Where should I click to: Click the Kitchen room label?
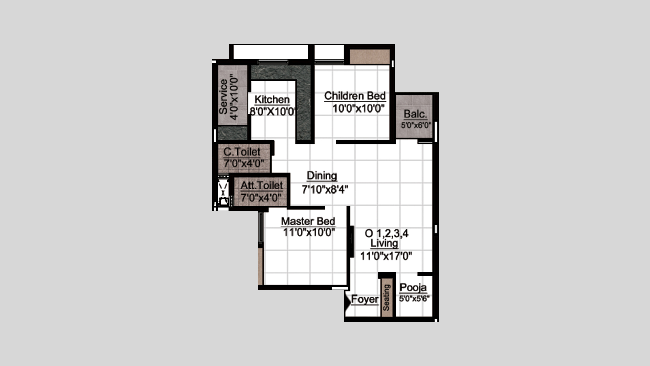point(272,100)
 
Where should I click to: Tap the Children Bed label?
point(355,96)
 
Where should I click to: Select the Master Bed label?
point(308,221)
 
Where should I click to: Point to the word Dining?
point(322,176)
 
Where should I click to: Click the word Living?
point(384,243)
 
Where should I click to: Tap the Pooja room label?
point(413,288)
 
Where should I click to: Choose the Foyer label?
point(365,299)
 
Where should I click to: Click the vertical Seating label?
point(386,298)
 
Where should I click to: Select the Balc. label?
point(415,114)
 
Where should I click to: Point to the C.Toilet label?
point(242,152)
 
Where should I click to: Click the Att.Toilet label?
point(262,186)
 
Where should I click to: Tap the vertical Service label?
point(223,97)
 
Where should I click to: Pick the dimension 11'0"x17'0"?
point(386,256)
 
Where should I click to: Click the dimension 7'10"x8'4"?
point(325,189)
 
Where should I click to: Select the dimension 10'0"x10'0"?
point(359,109)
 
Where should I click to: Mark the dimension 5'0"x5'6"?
point(414,299)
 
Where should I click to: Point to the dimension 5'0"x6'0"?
point(416,125)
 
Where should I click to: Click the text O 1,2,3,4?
point(386,233)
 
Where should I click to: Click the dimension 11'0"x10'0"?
point(309,232)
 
